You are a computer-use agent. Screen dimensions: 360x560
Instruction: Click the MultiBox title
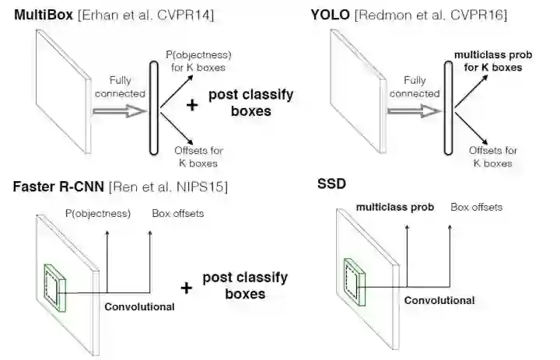coord(40,16)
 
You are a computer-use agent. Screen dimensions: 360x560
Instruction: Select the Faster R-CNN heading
coord(58,187)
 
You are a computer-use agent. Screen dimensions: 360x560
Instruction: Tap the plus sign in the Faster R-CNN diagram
coord(186,288)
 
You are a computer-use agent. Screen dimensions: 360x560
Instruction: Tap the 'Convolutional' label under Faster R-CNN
coord(139,306)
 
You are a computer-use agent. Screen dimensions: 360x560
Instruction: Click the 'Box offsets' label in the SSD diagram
coord(476,208)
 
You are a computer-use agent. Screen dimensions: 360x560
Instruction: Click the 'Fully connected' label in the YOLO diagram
coord(415,87)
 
